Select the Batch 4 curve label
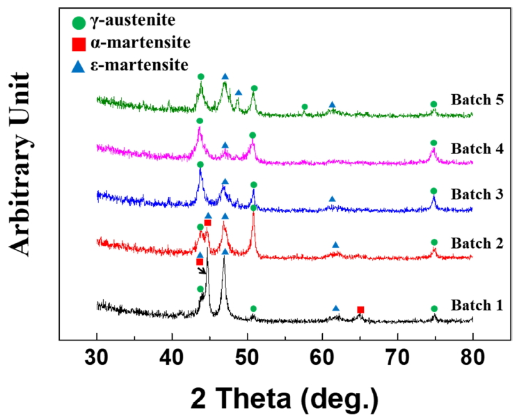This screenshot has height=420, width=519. [476, 148]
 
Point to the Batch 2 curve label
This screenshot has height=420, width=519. [476, 243]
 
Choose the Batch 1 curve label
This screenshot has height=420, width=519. [476, 305]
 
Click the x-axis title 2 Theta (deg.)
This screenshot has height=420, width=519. [285, 398]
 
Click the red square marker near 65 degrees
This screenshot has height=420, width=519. [360, 309]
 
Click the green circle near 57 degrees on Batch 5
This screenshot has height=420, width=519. [304, 107]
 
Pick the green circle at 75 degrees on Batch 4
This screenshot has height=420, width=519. [433, 143]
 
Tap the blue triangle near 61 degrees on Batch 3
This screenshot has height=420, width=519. [332, 199]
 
